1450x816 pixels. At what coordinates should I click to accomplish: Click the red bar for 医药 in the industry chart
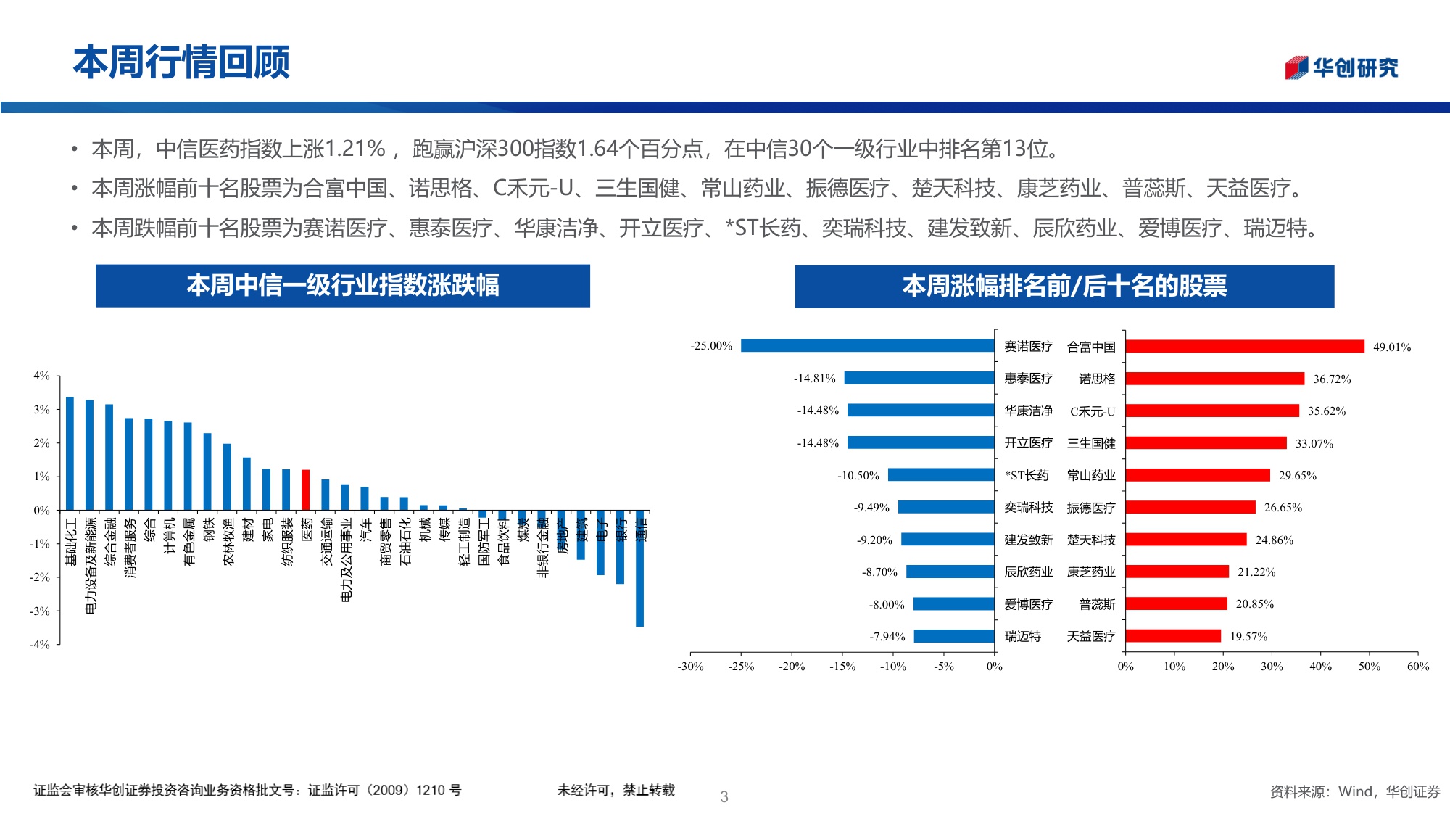(x=306, y=490)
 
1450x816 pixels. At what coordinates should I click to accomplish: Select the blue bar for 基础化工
(x=70, y=453)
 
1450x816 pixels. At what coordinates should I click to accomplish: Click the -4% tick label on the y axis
(x=40, y=644)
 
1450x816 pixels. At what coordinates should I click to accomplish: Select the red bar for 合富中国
(x=1244, y=347)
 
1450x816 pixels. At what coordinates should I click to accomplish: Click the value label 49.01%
(x=1391, y=347)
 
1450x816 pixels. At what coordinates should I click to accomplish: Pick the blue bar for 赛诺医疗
(x=867, y=346)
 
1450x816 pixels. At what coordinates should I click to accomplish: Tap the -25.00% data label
(x=711, y=346)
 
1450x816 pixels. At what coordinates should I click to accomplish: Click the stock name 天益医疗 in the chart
(x=1091, y=637)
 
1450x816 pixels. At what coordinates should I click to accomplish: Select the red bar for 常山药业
(x=1197, y=475)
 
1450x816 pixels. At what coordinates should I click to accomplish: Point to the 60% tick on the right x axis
(x=1417, y=667)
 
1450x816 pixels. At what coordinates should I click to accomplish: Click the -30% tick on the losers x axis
(x=690, y=667)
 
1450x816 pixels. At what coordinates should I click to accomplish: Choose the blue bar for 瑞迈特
(x=953, y=636)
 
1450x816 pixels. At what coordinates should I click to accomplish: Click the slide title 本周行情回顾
(x=181, y=62)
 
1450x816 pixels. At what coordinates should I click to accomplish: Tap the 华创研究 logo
(x=1341, y=67)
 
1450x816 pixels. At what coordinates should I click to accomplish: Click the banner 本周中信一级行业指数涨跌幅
(x=342, y=286)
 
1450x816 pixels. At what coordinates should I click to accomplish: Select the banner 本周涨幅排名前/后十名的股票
(x=1064, y=287)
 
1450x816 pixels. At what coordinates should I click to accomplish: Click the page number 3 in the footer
(x=724, y=796)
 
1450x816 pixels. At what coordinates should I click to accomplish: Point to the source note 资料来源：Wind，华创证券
(x=1354, y=792)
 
